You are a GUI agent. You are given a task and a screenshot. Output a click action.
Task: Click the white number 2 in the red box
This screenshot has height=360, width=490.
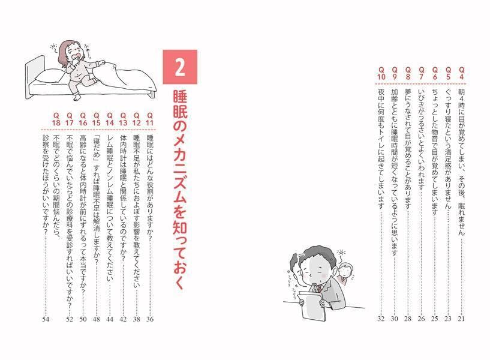coord(179,70)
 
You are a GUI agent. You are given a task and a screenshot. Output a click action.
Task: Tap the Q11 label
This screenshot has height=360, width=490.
coord(150,119)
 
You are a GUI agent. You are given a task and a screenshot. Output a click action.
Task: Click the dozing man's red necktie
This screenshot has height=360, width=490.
coord(321,288)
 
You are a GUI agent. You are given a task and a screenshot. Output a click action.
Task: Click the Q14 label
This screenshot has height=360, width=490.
coord(109,119)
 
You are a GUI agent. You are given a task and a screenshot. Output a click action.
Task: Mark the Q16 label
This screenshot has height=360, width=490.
coord(83,119)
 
